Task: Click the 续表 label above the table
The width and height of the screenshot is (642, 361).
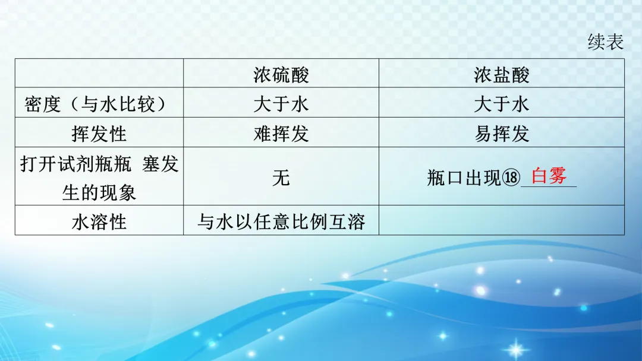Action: coord(605,42)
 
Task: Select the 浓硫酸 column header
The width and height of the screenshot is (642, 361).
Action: coord(281,74)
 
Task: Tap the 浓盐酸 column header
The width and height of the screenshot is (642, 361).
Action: coord(501,74)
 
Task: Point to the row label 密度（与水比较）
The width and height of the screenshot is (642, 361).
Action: coord(99,104)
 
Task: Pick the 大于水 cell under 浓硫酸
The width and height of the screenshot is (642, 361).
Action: coord(281,104)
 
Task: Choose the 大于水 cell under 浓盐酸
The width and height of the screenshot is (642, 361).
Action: coord(501,104)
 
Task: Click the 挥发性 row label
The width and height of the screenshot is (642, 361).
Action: coord(99,133)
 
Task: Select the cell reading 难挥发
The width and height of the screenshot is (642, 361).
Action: coord(281,133)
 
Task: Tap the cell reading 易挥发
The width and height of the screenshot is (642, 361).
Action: coord(501,133)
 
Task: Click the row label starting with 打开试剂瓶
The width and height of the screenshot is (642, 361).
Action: coord(99,177)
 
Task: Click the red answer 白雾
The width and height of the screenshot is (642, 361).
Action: coord(549,176)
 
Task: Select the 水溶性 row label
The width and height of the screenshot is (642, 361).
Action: coord(99,221)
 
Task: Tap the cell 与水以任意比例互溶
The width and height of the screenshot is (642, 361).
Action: coord(281,221)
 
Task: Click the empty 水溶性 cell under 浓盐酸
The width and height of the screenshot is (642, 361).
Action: coord(501,220)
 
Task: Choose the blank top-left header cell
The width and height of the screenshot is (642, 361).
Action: coord(99,74)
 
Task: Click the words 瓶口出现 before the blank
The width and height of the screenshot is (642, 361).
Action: coord(464,178)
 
